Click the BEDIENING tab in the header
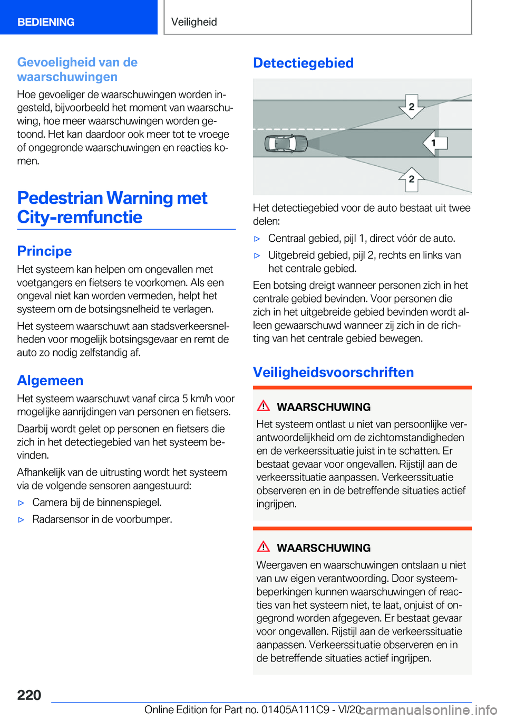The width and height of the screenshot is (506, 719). pos(46,22)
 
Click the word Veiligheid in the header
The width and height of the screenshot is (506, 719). pos(194,22)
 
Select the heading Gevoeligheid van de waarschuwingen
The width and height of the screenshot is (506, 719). pos(77,70)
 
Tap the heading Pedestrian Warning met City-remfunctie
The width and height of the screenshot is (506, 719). pos(112,207)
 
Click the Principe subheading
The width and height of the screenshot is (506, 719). pos(44,251)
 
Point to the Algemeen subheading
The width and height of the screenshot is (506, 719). pos(50,381)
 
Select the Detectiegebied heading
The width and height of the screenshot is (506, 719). pos(303,63)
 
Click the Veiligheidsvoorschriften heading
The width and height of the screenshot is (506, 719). pos(333,373)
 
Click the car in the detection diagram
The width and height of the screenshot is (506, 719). pos(286,143)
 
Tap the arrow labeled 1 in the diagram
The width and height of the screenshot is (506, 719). pos(435,143)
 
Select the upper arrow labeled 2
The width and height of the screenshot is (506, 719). pos(412,107)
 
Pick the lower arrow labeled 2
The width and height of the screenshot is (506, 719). pos(412,179)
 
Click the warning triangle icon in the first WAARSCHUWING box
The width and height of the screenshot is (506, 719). pos(263,406)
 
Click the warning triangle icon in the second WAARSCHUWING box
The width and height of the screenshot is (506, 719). pos(263,547)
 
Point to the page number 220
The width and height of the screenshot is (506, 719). pos(29,695)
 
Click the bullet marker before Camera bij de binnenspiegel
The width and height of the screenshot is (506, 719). pos(22,503)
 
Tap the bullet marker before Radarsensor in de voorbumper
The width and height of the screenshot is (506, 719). pos(22,520)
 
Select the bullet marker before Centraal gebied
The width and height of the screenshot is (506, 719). pos(257,239)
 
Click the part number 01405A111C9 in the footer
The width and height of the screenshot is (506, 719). pos(296,710)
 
